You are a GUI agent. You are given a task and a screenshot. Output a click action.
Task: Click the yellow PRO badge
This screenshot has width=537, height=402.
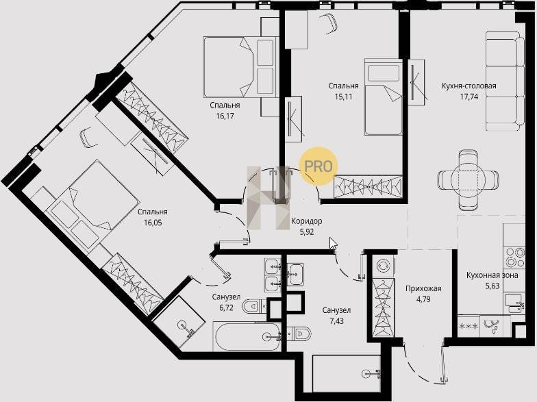pos(319,166)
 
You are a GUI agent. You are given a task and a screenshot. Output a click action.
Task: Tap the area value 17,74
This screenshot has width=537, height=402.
pos(469,97)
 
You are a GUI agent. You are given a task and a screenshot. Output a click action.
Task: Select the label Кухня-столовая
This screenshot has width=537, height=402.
pos(469,86)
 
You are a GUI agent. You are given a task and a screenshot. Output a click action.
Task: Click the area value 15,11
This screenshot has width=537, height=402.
pos(344,97)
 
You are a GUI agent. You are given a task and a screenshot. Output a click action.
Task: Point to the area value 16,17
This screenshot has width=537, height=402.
pos(225,116)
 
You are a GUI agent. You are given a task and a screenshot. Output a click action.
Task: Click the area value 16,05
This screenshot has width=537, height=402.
pos(153,223)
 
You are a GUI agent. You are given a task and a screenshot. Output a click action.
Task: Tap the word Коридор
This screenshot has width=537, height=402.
pos(307,221)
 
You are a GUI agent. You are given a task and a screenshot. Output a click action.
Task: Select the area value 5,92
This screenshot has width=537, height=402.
pos(307,232)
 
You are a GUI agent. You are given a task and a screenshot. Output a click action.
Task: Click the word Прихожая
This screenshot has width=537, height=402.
pos(423,288)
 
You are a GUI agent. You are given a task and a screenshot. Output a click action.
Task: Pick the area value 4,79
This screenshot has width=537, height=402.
pos(423,299)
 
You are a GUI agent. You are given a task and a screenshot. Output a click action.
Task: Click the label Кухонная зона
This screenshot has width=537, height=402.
pos(492,275)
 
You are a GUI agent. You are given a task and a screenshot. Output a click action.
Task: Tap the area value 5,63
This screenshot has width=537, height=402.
pos(492,286)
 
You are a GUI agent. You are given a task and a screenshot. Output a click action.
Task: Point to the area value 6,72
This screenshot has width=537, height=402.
pos(226,307)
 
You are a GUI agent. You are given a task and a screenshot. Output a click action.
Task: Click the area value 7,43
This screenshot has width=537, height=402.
pos(337,321)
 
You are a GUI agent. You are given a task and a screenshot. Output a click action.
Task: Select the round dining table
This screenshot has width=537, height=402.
pos(468,179)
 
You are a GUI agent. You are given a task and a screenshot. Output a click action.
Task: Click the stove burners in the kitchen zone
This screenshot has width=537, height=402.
pos(514,257)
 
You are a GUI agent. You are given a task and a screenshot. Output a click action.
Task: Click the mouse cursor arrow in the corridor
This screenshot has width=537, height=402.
pos(333,244)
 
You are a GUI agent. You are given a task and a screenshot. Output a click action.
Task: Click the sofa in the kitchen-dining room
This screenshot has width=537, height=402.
pos(505,81)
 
